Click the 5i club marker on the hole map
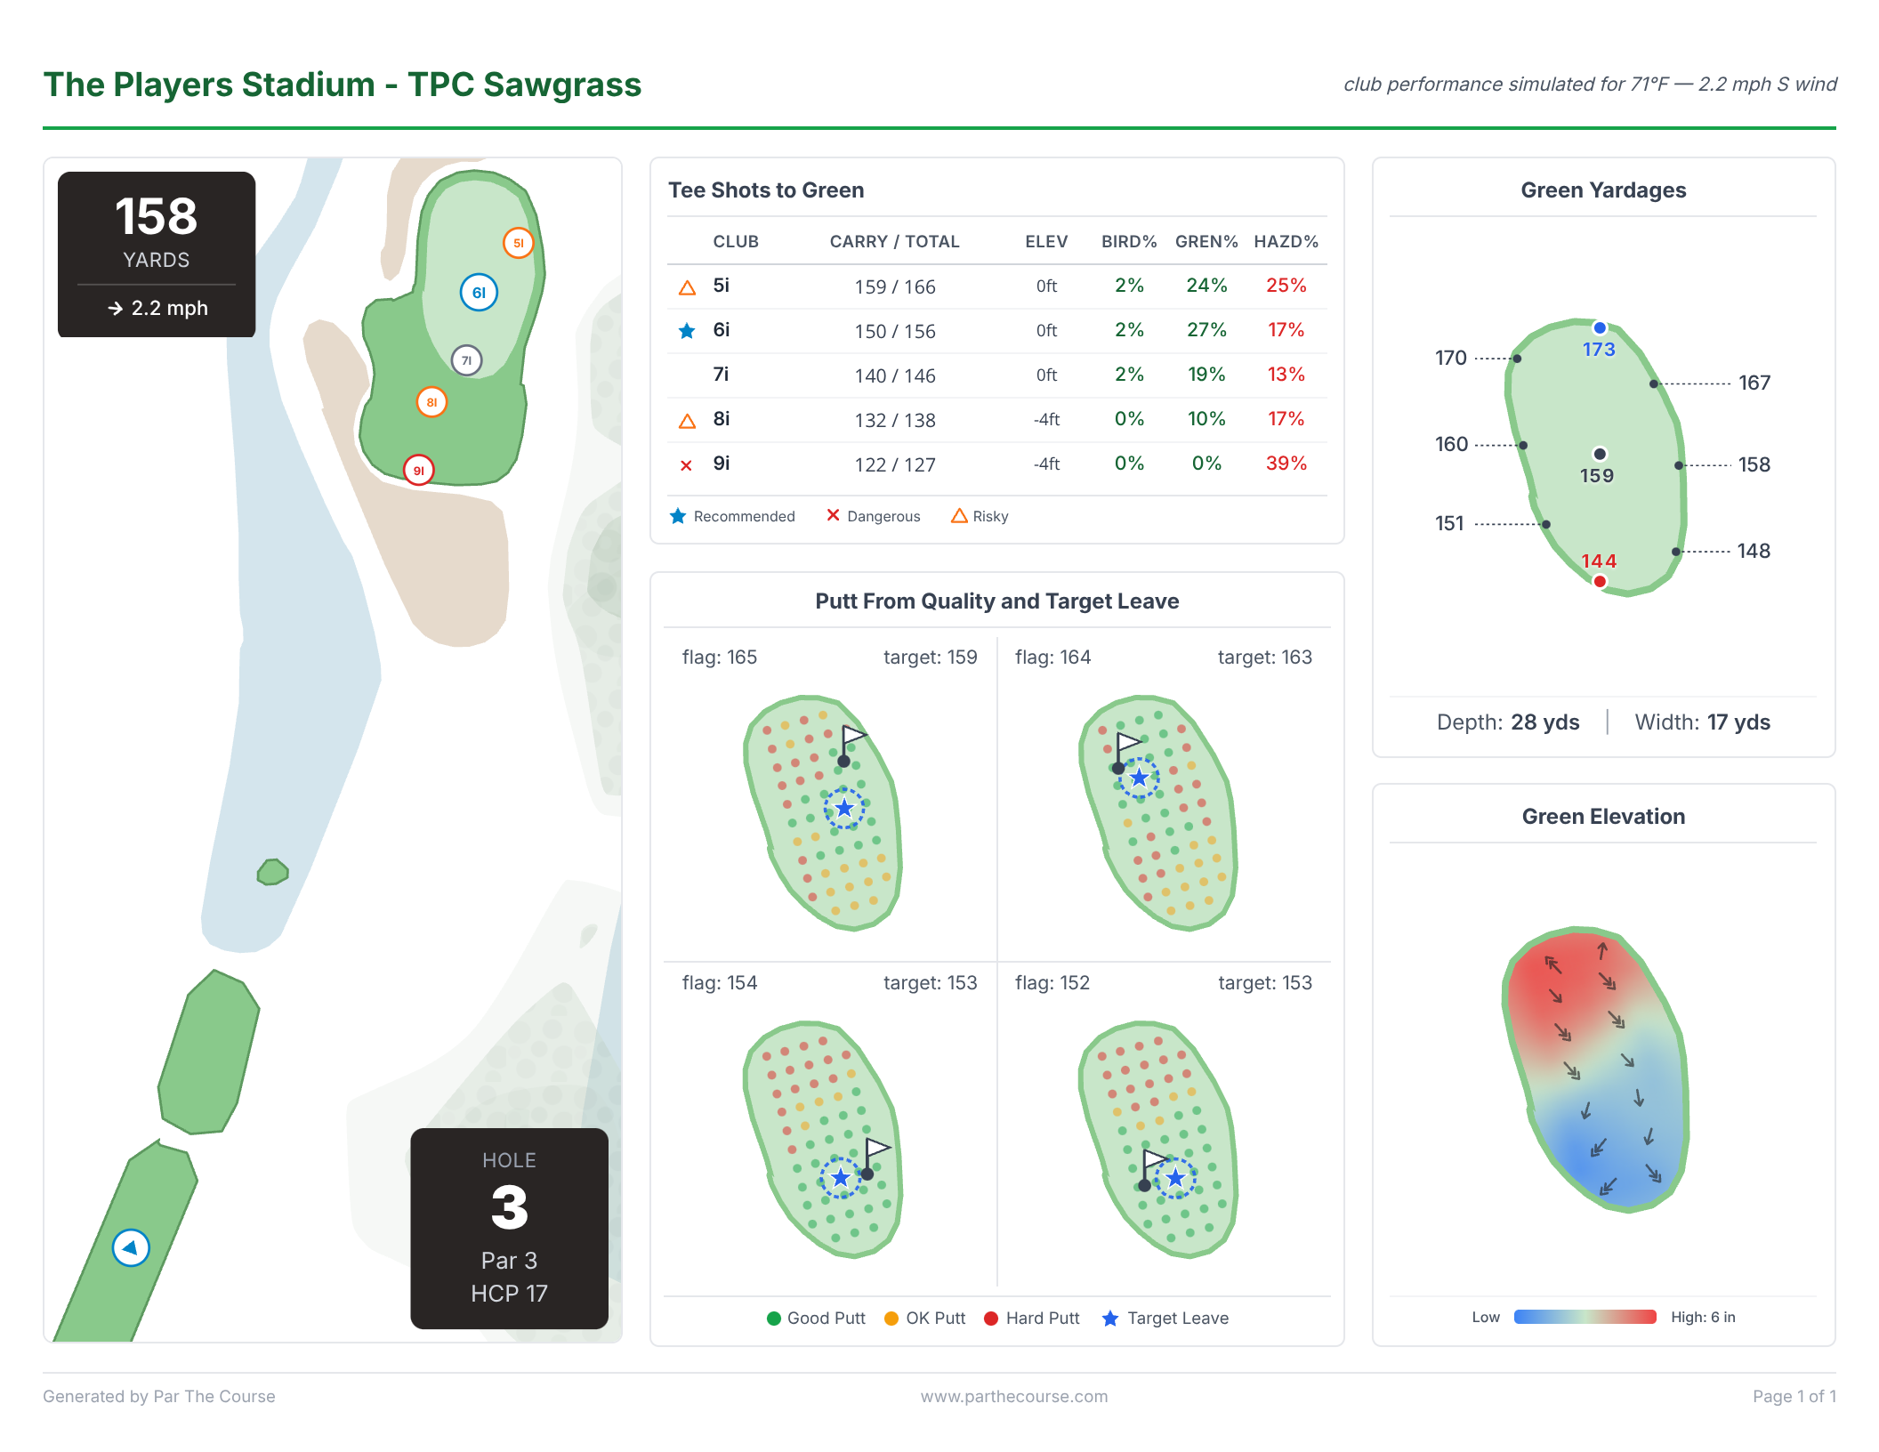tap(518, 243)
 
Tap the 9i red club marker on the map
tap(418, 470)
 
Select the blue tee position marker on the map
tap(131, 1247)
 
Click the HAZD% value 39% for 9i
tap(1286, 464)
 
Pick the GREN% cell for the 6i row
tap(1206, 330)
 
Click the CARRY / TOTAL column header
tap(893, 242)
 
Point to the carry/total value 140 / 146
tap(894, 375)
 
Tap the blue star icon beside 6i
tap(687, 331)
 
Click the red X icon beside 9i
tap(686, 464)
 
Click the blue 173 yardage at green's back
tap(1598, 350)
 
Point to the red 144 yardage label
tap(1598, 561)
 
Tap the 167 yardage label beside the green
tap(1754, 383)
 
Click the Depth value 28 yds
tap(1544, 722)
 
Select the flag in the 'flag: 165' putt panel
tap(852, 738)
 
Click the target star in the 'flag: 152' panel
tap(1175, 1178)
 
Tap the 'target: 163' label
tap(1263, 657)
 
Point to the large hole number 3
tap(509, 1207)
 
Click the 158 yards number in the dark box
tap(156, 216)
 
